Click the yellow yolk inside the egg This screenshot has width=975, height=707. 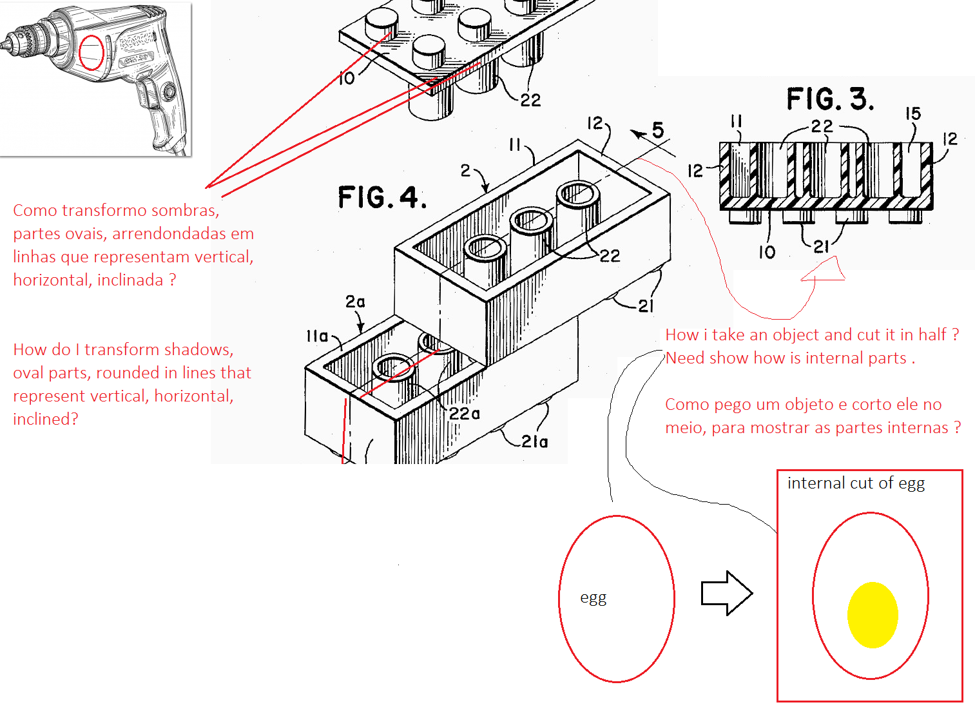pos(873,615)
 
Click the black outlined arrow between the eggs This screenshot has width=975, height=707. pos(726,593)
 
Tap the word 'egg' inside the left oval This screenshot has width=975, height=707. pos(593,597)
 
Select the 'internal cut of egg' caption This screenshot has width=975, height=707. pos(856,483)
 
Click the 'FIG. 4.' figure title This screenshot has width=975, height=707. pos(382,197)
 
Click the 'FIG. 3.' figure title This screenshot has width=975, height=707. pos(830,99)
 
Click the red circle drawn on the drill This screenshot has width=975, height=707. pos(91,53)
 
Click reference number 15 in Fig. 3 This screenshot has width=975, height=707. pos(913,114)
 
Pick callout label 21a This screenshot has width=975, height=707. pos(534,441)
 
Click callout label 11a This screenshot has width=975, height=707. pos(317,336)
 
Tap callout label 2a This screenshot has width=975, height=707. pos(355,302)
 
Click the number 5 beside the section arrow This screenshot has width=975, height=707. pos(657,130)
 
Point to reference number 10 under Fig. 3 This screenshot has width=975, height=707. pos(766,252)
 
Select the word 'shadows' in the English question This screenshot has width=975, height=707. pos(200,350)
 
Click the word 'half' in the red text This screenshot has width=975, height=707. pos(932,335)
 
